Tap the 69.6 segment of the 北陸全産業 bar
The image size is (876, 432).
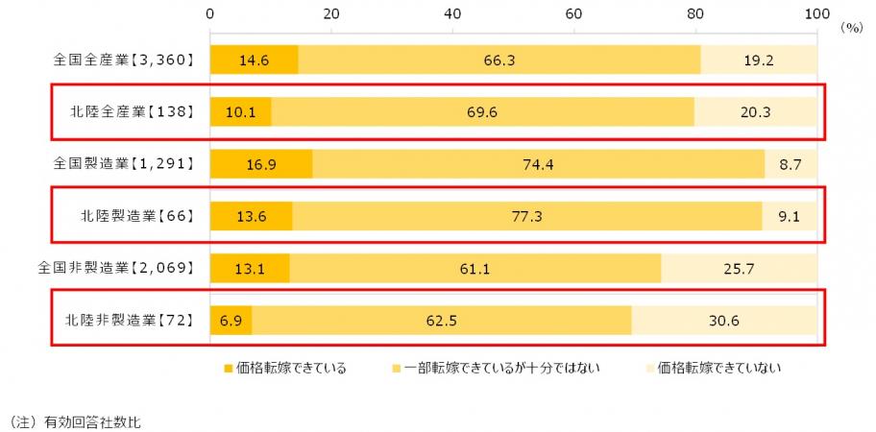[x=481, y=112]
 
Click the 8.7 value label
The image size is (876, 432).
[x=791, y=164]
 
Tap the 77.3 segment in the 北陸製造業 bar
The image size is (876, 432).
[x=527, y=216]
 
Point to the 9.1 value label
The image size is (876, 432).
[x=791, y=216]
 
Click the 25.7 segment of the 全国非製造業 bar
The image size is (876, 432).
[x=739, y=268]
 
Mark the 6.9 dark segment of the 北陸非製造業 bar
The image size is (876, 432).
[x=231, y=320]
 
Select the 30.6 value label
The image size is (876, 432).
[x=724, y=320]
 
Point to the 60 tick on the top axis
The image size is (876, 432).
[x=574, y=13]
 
